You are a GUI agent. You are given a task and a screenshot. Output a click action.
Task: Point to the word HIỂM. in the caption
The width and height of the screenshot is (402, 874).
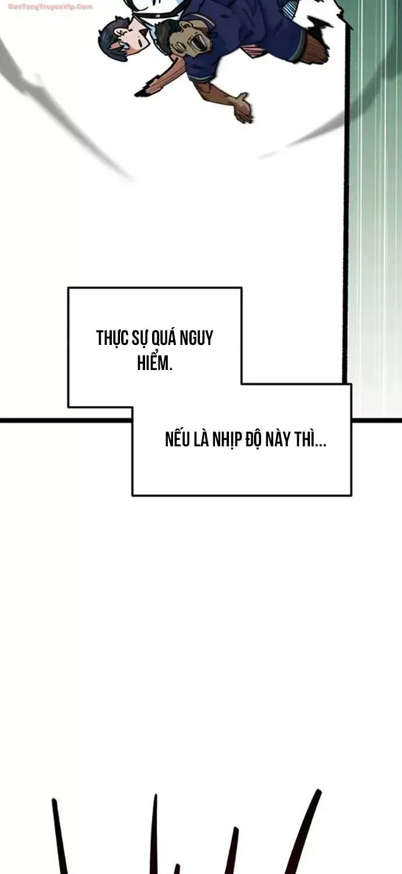pyautogui.click(x=154, y=362)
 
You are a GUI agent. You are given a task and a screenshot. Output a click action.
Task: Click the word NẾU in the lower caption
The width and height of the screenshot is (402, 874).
pyautogui.click(x=178, y=439)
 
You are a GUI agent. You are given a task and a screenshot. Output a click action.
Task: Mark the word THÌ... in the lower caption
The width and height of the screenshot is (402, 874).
pyautogui.click(x=311, y=439)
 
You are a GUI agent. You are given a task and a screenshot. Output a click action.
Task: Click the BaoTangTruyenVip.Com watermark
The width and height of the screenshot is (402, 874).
pyautogui.click(x=50, y=7)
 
